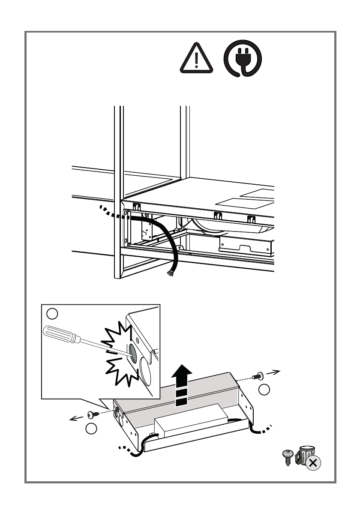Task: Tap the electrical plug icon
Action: pyautogui.click(x=243, y=61)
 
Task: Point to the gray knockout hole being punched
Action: pyautogui.click(x=132, y=352)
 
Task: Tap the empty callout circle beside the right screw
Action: pyautogui.click(x=265, y=390)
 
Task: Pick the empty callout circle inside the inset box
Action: pyautogui.click(x=52, y=314)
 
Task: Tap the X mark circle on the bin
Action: pyautogui.click(x=313, y=462)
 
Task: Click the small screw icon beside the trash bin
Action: pyautogui.click(x=288, y=457)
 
